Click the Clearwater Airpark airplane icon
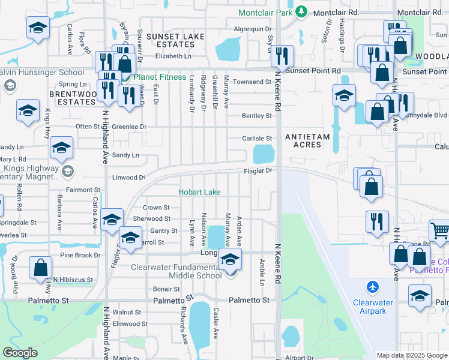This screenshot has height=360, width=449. coord(373,287)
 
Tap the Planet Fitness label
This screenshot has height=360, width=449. coord(158,77)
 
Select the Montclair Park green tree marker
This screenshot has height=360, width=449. coord(303,12)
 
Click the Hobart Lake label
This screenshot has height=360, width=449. coord(199,192)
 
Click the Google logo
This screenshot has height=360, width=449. coord(20,353)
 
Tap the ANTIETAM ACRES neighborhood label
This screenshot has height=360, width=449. coord(307,141)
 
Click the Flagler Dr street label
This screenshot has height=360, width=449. coord(258,170)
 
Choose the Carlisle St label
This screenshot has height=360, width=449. coord(257,138)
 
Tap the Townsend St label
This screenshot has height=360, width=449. coord(253,82)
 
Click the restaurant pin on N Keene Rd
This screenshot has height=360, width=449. coord(282,56)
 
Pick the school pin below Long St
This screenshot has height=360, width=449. coord(229,262)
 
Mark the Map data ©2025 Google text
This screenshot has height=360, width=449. coord(411,355)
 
